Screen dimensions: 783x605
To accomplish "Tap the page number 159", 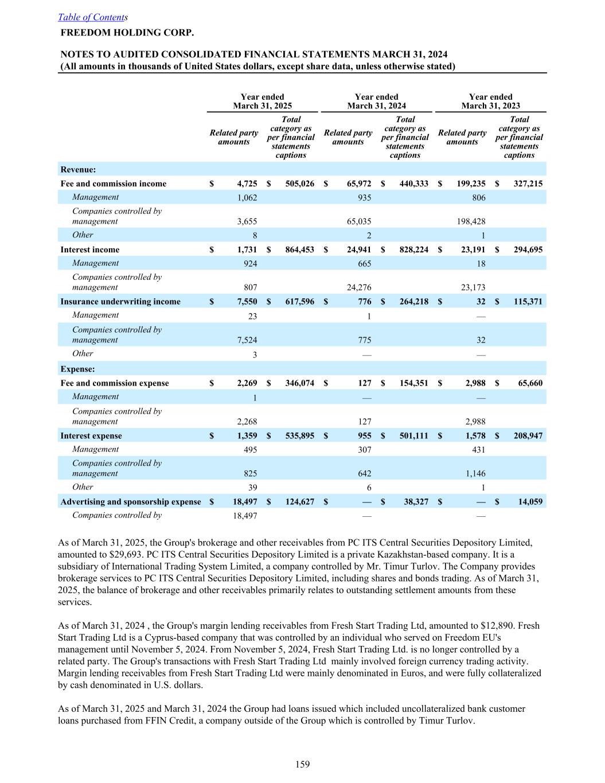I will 302,764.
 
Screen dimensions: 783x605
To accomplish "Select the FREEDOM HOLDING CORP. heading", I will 123,32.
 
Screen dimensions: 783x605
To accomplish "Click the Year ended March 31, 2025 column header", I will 262,101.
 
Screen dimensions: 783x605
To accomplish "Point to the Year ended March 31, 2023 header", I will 490,101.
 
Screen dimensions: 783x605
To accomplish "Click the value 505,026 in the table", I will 299,184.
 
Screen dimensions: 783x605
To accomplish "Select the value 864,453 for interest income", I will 299,250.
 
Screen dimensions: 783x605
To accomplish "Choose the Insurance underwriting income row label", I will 120,302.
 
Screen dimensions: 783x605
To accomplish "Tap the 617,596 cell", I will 299,302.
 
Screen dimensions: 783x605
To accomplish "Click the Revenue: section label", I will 78,169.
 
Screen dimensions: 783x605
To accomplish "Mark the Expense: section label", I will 77,369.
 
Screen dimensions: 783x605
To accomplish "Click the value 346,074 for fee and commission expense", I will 299,383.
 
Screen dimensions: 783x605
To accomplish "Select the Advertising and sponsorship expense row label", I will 131,502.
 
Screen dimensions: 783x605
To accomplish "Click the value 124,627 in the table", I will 299,502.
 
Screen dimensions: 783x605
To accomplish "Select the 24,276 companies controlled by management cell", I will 360,288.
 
